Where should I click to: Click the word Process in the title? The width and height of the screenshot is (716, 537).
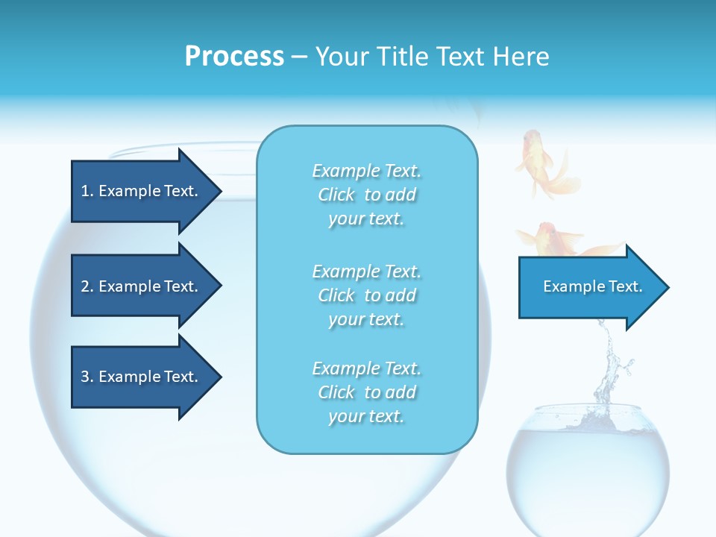coord(234,57)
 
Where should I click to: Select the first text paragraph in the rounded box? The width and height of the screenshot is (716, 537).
coord(366,195)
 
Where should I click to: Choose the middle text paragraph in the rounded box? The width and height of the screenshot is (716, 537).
coord(366,295)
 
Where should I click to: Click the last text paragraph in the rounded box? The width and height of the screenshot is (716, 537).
coord(366,392)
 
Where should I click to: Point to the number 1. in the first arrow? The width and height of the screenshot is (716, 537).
coord(87,191)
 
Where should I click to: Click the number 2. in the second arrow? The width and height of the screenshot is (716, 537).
coord(87,286)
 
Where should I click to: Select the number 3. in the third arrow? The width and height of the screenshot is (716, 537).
coord(87,377)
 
